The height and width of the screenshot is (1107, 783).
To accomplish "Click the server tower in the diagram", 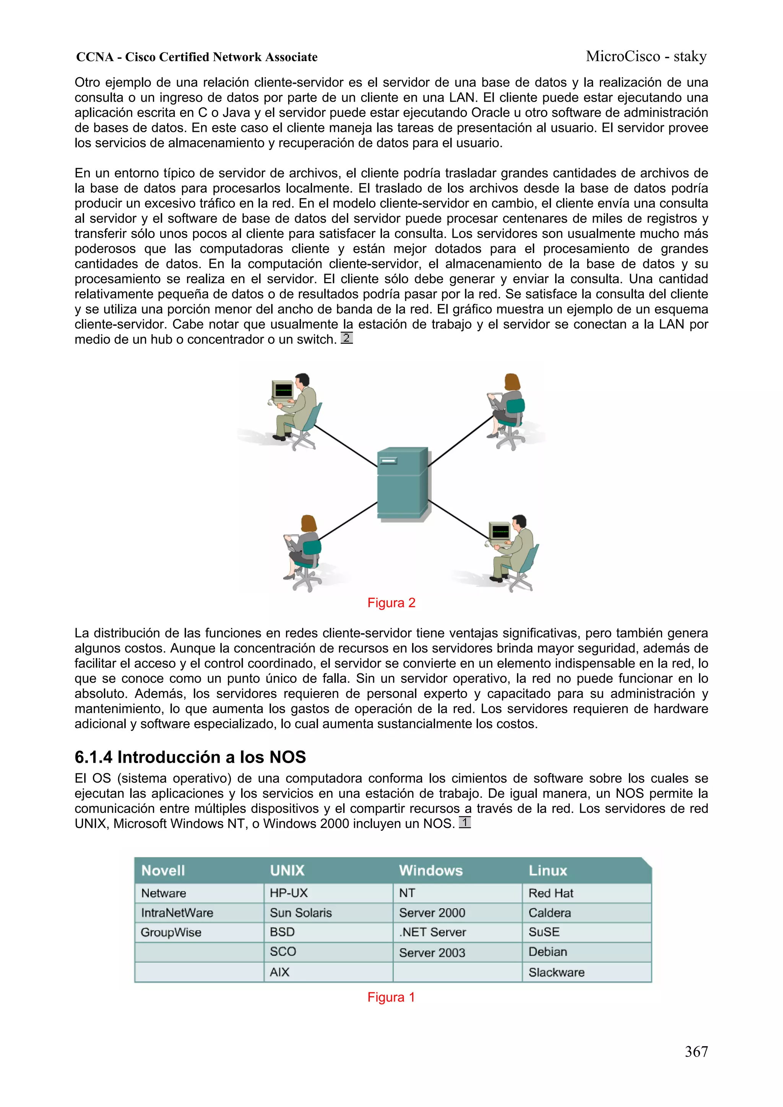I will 402,484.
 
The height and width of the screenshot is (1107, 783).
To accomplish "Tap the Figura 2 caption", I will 391,603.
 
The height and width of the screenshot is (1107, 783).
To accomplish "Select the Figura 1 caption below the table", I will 391,997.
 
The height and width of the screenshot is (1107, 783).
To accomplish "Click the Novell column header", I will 163,870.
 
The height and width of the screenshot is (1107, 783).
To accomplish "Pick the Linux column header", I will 547,870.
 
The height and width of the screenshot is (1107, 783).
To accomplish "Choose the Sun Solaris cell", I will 301,913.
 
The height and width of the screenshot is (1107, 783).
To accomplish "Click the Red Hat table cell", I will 551,893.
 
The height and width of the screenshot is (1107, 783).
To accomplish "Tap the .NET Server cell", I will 432,932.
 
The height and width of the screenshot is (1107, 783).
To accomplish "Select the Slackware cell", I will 556,972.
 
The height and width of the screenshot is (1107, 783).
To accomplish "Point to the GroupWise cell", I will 171,932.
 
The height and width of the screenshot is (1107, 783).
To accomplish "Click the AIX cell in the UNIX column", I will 279,972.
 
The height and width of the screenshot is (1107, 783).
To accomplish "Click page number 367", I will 696,1052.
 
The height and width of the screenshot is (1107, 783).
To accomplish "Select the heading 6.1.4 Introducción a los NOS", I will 190,757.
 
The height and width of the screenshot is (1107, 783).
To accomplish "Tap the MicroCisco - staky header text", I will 646,57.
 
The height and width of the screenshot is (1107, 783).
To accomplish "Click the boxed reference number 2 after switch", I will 346,337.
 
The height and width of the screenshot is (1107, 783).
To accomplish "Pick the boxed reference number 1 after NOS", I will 464,822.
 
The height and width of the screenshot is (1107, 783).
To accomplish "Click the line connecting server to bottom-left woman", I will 348,521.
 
